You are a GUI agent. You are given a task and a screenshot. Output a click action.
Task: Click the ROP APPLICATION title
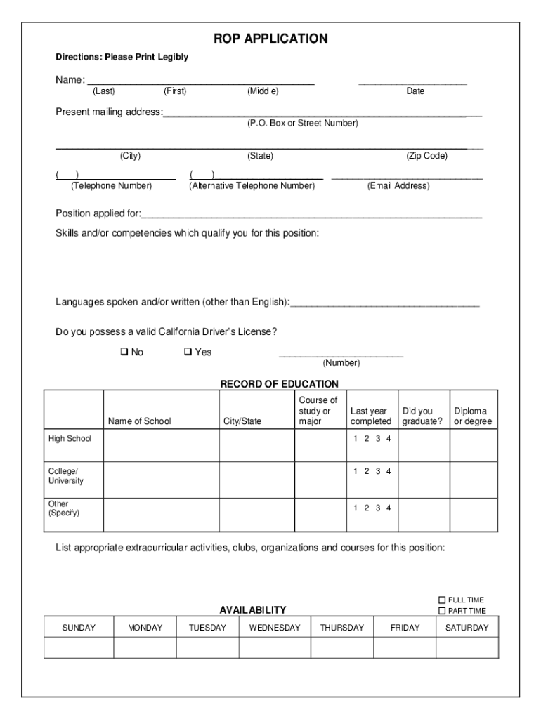pos(270,39)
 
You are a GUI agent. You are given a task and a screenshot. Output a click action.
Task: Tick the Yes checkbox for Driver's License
pos(188,352)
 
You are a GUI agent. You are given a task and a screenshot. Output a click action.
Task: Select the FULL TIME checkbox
pos(442,600)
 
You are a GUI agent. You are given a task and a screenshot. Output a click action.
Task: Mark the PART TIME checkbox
pos(442,611)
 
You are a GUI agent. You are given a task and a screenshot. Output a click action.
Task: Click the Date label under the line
pos(415,91)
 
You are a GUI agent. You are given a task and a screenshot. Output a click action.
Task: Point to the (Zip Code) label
pos(426,156)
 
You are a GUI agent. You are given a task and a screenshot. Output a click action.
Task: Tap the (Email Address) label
pos(398,186)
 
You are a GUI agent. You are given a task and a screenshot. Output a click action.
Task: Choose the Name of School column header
pos(139,421)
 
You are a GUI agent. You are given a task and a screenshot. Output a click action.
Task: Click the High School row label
pos(70,439)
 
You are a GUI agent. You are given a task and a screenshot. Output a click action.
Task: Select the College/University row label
pos(65,476)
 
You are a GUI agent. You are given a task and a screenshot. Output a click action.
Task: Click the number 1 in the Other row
pos(356,508)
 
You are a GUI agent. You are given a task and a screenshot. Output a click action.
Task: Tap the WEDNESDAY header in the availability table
pos(274,628)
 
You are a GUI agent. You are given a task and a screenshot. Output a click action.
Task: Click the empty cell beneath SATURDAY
pos(467,647)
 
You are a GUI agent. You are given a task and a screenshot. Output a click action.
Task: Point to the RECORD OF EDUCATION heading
pos(279,384)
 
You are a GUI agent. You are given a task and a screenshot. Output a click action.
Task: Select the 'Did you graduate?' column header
pos(422,416)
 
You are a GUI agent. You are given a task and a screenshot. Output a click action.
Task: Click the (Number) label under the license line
pos(341,363)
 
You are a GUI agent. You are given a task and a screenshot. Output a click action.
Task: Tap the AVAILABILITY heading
pos(252,610)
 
